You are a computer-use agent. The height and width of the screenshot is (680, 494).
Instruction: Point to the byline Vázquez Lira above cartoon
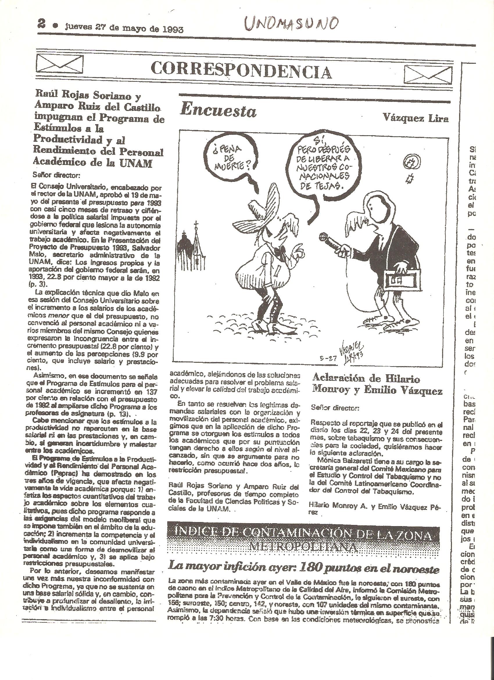click(416, 119)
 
